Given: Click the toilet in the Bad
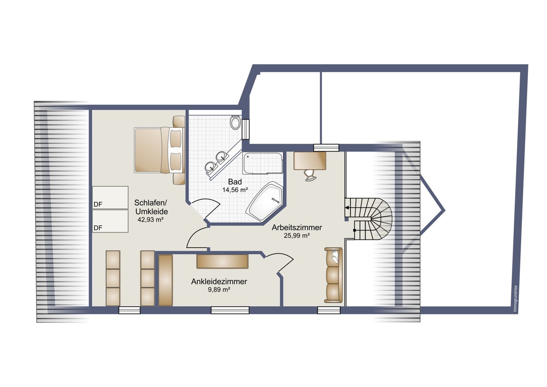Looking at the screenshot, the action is coord(235,123).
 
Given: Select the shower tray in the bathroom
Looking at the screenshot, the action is coord(263,163).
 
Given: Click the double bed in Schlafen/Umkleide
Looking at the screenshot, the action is coord(159,150).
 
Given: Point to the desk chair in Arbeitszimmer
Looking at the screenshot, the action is coord(310,175).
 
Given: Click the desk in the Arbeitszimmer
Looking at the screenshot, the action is coord(310,161).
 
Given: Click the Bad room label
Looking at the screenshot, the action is coord(235,182).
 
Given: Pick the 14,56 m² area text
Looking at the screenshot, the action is coord(235,190).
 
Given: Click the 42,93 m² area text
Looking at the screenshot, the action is coord(150,220).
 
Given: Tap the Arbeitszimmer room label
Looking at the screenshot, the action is coord(297,228).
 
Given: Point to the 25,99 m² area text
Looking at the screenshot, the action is coord(297,235).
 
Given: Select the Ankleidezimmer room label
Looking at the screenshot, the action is coord(219,282).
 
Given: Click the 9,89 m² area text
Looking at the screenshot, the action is coord(219,290).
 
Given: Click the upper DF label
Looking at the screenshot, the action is coord(98,204).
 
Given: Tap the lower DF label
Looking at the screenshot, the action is coord(98,228).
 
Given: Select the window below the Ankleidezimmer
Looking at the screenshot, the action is coord(230,310).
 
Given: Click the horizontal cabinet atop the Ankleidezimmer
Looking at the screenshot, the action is coord(222,261).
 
